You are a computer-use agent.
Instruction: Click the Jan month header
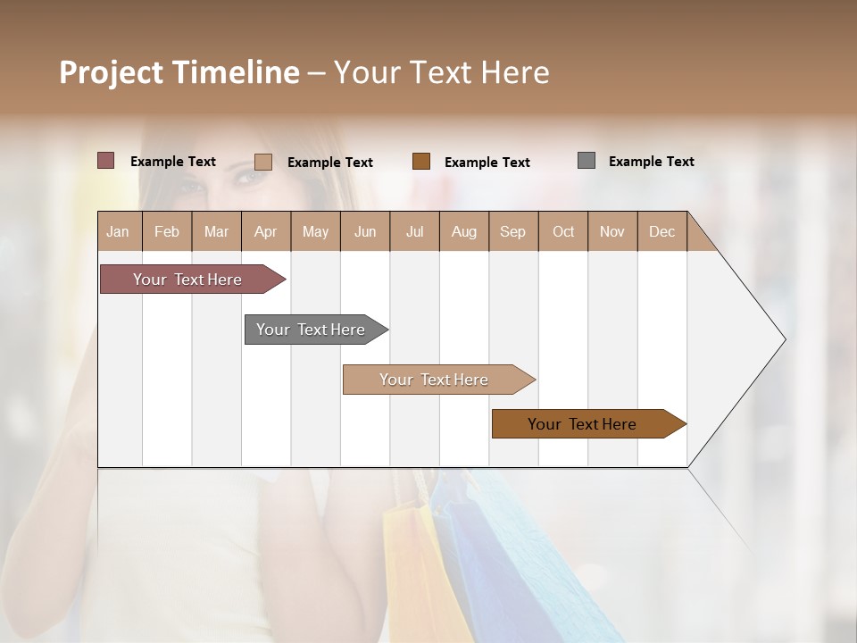point(119,231)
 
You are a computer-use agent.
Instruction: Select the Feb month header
point(167,231)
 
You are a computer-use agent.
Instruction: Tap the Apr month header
point(266,231)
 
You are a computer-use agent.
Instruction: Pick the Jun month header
point(365,231)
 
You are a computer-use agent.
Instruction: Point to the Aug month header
point(464,231)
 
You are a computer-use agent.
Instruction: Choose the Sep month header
point(513,231)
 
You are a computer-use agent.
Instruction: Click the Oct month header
point(563,231)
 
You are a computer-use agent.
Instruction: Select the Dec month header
point(662,231)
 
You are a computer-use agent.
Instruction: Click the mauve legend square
point(106,161)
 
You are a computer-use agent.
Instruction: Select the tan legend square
point(263,162)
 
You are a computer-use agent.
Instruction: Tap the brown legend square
point(421,161)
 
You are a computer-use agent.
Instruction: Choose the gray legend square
point(587,161)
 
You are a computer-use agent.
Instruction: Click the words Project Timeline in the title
point(179,72)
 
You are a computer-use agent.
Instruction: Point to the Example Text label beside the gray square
point(651,162)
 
